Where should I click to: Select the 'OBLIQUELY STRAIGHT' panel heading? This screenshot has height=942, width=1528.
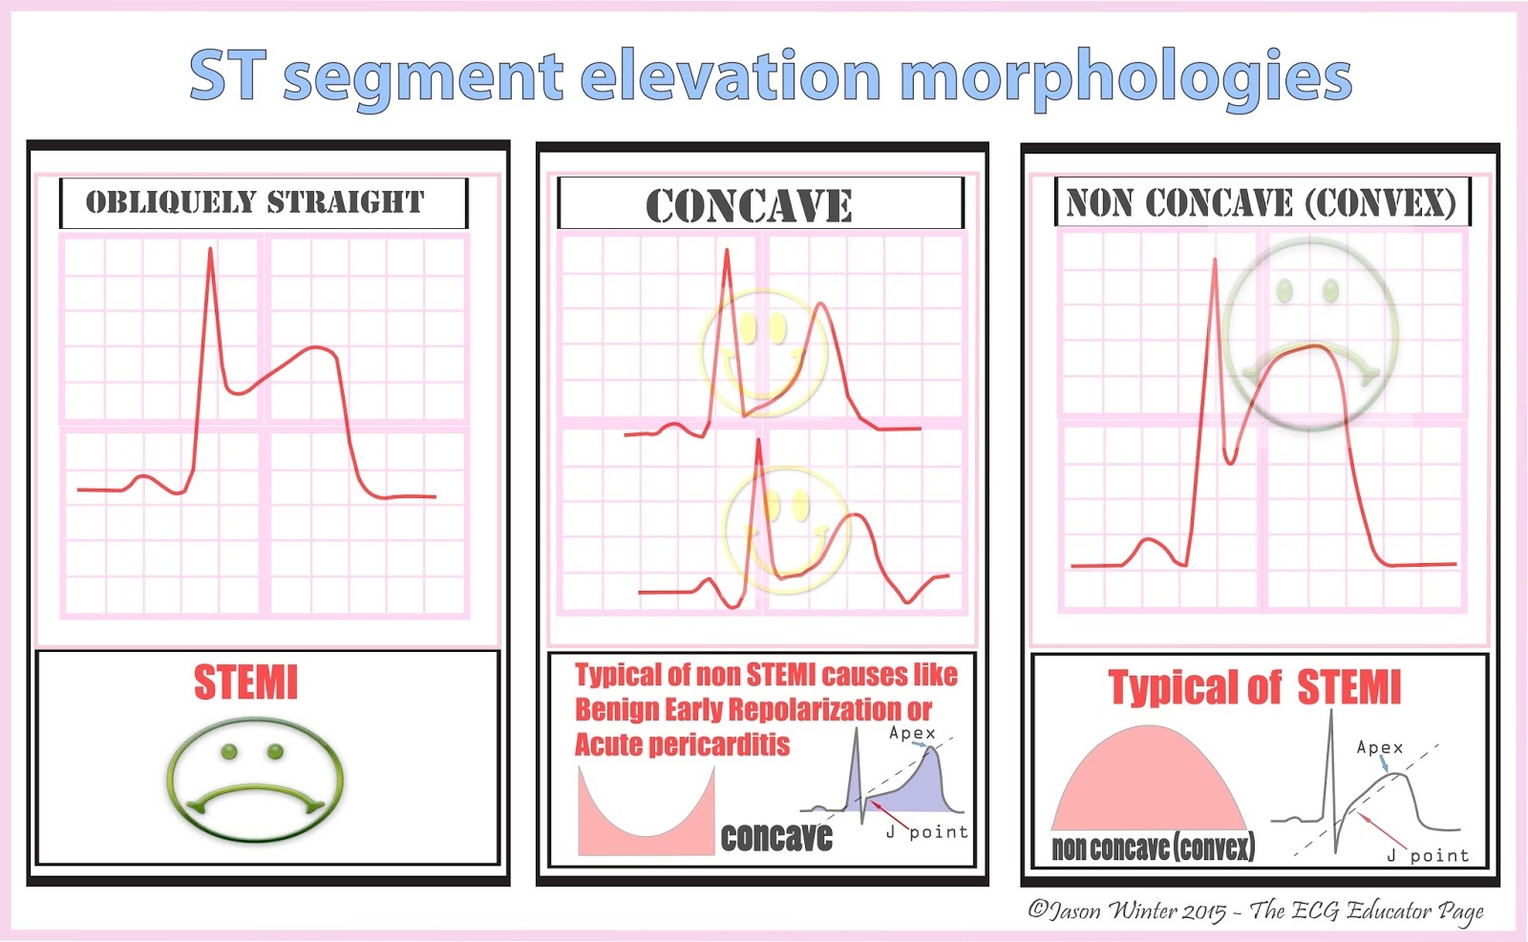click(x=255, y=202)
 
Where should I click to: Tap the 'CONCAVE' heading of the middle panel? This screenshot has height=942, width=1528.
click(x=749, y=206)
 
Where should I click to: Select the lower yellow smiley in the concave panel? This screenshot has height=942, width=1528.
click(x=787, y=531)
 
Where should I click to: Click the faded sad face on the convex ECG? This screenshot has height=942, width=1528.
click(x=1310, y=332)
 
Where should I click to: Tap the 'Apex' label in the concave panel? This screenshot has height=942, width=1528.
click(x=912, y=733)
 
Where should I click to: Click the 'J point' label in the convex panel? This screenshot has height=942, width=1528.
click(x=1428, y=856)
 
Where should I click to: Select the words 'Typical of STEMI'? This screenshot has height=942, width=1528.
click(x=1254, y=687)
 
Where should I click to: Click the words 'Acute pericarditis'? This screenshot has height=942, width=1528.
click(x=682, y=745)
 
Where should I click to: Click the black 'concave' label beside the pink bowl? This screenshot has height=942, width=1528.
click(x=776, y=837)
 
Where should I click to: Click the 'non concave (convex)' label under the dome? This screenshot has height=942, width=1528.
click(x=1153, y=848)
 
